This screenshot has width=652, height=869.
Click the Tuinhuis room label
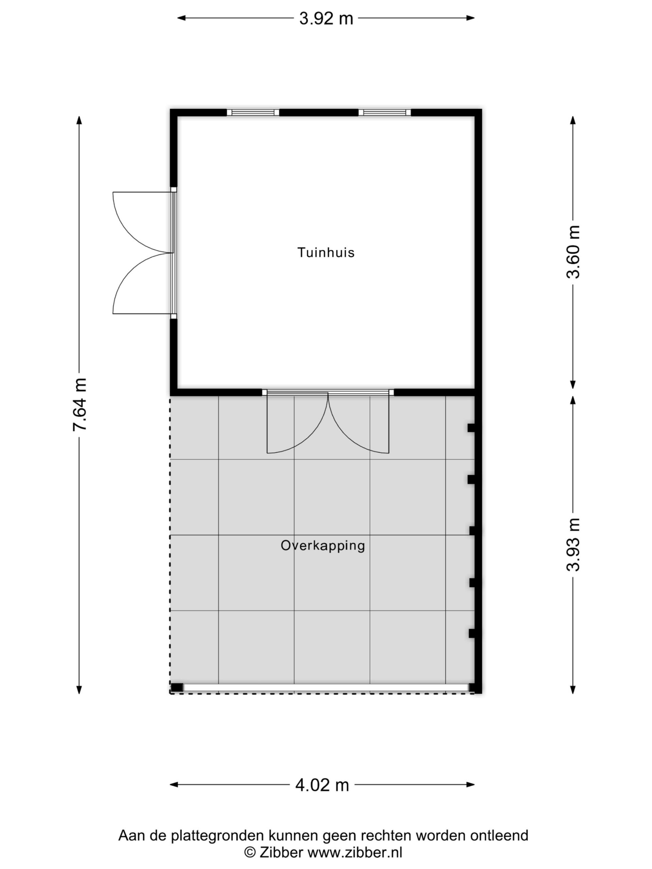326,253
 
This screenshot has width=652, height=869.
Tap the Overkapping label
323,546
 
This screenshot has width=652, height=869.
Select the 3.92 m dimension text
326,18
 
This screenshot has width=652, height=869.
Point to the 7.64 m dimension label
79,405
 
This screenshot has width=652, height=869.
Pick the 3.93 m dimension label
573,545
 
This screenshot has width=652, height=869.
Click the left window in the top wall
253,113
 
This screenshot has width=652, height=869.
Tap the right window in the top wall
385,113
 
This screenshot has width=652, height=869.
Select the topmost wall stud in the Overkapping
471,428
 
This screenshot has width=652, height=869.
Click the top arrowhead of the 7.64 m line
79,120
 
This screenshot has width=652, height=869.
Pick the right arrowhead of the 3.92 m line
470,18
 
